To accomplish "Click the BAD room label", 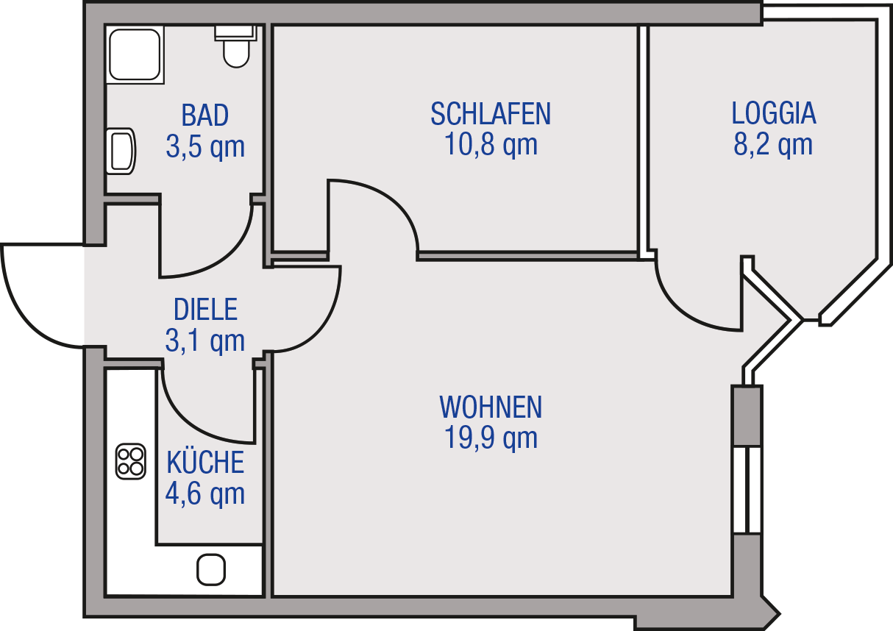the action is [x=205, y=115].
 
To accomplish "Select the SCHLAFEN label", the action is [x=491, y=114].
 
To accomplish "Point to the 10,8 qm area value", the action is [x=491, y=144].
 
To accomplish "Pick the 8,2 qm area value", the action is [x=772, y=144].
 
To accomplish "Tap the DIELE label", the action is [x=205, y=310].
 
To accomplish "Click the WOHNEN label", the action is [x=491, y=407].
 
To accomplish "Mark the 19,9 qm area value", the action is [x=491, y=438].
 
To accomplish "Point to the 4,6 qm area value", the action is [x=205, y=493].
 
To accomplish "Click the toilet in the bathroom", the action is [x=236, y=46].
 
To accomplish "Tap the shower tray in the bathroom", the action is [x=135, y=54].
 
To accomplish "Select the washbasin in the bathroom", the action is [x=121, y=151].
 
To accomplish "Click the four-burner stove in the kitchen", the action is [x=130, y=462].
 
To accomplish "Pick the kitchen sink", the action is [x=211, y=570].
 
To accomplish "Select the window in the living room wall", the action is [x=747, y=490].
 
